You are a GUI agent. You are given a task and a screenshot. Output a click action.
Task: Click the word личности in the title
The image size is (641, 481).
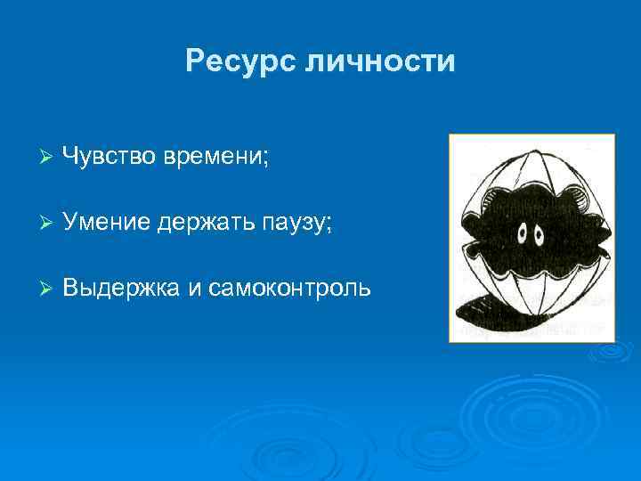click(380, 61)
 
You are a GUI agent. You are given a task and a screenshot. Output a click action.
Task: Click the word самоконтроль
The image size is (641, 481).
click(289, 289)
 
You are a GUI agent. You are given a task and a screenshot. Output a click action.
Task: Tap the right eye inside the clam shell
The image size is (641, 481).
click(539, 234)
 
